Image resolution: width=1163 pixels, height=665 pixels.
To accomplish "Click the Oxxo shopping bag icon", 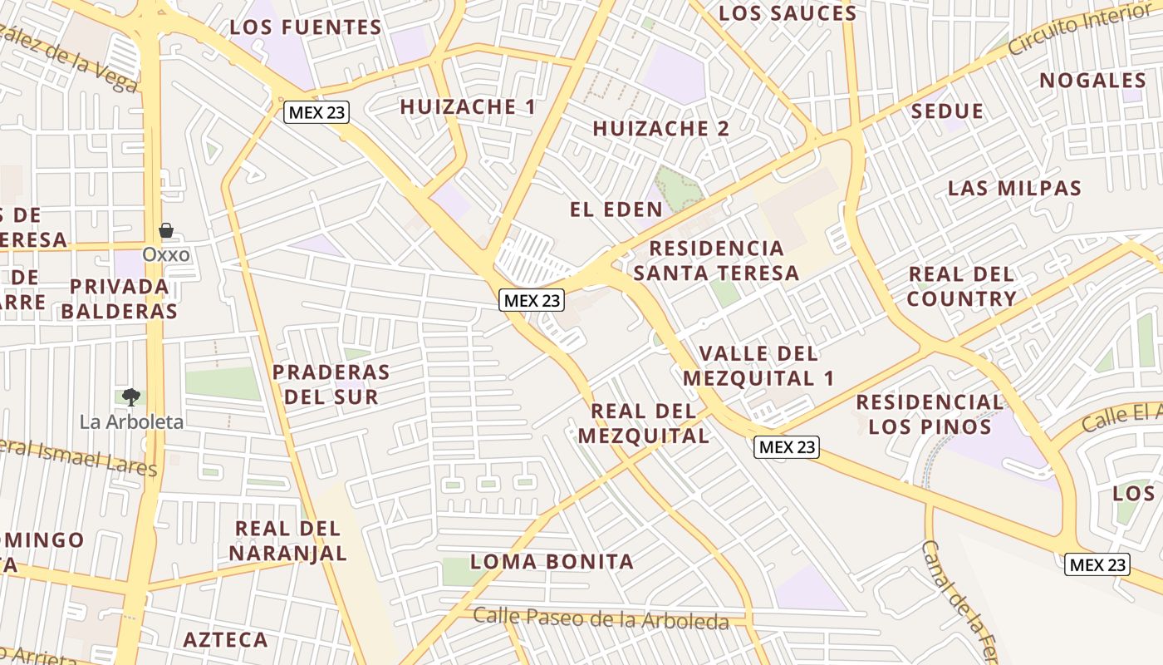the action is click(x=166, y=230).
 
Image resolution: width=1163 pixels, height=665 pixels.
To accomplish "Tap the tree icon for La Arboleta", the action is click(x=131, y=397).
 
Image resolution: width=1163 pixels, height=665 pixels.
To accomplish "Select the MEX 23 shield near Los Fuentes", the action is click(x=317, y=112).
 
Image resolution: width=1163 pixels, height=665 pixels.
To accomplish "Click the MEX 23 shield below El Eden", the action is click(x=532, y=300).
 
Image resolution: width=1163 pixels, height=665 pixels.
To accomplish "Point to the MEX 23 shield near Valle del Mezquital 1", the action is click(x=787, y=446).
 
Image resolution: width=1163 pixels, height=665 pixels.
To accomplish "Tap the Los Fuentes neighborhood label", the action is click(x=306, y=27).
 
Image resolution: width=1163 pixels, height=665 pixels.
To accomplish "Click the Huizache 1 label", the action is click(x=468, y=106).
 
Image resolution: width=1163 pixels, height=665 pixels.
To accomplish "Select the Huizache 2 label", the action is click(x=660, y=128).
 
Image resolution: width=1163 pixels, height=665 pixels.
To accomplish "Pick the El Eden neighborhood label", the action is click(x=616, y=209).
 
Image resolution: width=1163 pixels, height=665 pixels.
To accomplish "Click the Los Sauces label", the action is click(x=787, y=13).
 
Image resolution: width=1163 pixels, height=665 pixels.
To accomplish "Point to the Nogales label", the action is click(x=1092, y=81).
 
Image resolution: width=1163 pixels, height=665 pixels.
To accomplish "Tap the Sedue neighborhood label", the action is click(x=947, y=111).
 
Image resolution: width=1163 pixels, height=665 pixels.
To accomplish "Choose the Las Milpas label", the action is click(x=1014, y=188).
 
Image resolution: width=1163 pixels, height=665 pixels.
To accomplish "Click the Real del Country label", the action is click(x=961, y=286).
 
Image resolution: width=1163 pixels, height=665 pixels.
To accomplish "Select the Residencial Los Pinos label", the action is click(x=930, y=414).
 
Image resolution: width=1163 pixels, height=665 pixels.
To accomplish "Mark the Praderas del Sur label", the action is click(x=331, y=383).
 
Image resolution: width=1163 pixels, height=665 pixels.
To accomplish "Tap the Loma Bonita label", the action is click(x=552, y=561).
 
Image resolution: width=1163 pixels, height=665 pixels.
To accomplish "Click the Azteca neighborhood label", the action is click(x=225, y=640).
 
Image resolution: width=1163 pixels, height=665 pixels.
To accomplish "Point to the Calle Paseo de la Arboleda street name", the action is click(x=601, y=618).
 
